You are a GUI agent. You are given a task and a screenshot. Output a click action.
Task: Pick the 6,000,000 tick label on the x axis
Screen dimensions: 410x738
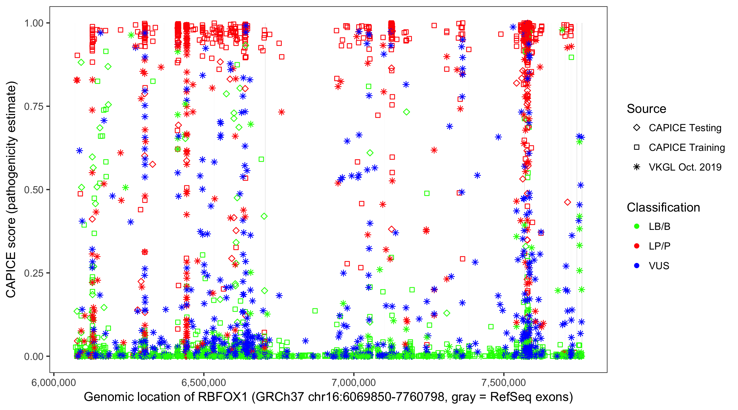click(x=54, y=382)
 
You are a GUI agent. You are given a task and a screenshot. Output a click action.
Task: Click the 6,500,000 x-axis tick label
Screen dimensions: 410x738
click(x=204, y=382)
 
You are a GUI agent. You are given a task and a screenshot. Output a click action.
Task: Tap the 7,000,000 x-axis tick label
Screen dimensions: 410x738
click(x=354, y=382)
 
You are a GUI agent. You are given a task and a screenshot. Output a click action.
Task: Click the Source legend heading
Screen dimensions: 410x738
click(x=646, y=109)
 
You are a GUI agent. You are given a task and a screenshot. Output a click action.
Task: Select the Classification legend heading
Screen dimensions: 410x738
click(x=663, y=207)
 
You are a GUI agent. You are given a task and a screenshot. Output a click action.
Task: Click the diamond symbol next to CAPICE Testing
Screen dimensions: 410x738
click(x=637, y=128)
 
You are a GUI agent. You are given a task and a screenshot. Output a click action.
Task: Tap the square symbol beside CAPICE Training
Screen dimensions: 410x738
click(x=637, y=148)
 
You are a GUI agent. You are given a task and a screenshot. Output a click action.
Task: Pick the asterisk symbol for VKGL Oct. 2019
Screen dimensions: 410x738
click(x=637, y=167)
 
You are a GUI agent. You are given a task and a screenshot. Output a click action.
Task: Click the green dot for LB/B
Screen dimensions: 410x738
click(x=637, y=227)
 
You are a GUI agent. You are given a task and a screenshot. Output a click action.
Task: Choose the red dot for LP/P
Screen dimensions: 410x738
click(x=637, y=246)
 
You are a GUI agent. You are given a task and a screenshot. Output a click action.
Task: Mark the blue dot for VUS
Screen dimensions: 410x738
click(x=637, y=266)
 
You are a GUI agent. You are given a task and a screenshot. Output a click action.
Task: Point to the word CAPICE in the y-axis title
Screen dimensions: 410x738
click(x=11, y=275)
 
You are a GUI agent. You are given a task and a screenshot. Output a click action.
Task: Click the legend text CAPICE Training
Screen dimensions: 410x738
click(x=687, y=148)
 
